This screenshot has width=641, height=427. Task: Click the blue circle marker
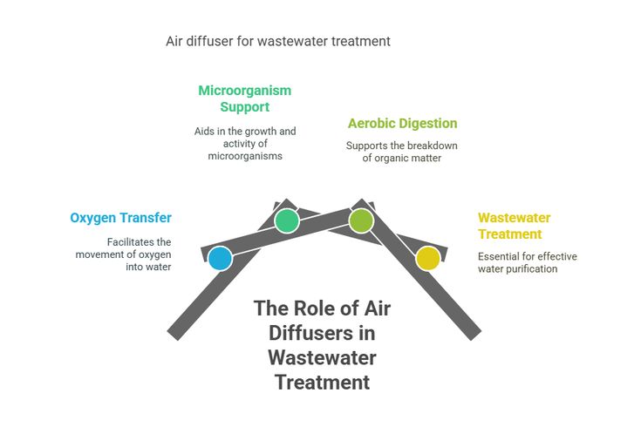221,258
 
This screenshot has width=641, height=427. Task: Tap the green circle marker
286,221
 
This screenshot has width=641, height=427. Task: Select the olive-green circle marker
361,220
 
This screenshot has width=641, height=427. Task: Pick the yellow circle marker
427,258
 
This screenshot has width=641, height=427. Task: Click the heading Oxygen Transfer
121,218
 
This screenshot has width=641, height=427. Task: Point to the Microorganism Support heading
244,98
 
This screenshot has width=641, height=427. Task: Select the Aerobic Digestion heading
402,124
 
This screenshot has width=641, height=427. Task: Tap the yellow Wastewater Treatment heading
514,226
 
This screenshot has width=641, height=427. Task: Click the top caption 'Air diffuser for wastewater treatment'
278,41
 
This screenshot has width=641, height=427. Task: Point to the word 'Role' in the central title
313,308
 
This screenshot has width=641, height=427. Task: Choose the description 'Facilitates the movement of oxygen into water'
127,254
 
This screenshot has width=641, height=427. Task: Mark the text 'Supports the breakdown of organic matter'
402,152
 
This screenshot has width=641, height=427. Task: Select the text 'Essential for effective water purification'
527,262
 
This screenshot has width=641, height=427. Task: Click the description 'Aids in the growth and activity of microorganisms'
245,144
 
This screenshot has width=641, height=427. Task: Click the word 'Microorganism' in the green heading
244,91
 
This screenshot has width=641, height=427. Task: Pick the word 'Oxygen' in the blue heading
94,218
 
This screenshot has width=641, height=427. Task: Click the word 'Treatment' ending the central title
322,382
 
